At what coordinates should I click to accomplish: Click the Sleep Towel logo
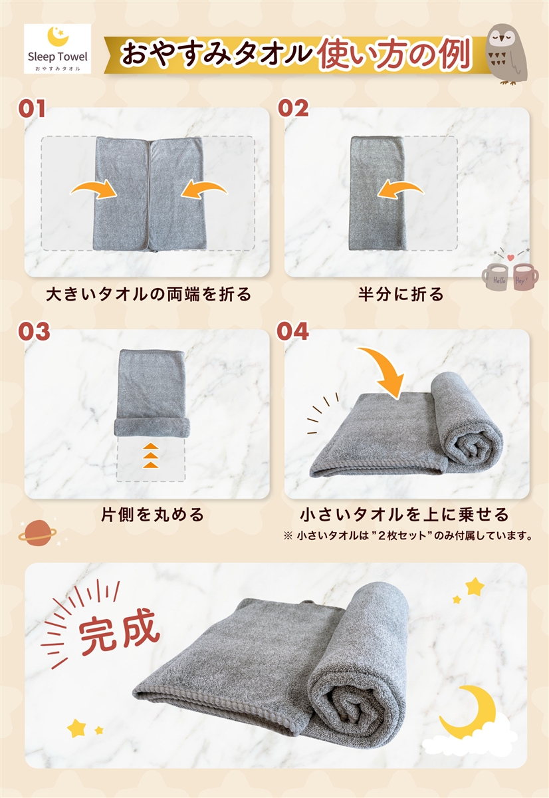[57, 49]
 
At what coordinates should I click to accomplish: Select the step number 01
[32, 108]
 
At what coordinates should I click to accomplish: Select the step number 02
[293, 108]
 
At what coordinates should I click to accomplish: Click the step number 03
[34, 331]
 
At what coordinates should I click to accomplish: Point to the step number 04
[292, 331]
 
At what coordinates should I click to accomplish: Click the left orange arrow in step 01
[94, 190]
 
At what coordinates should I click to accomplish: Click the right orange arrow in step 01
[203, 190]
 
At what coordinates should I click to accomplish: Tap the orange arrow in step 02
[401, 190]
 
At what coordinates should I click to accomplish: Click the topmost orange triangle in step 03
[151, 446]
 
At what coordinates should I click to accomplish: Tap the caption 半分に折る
[401, 294]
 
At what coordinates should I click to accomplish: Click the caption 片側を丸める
[152, 515]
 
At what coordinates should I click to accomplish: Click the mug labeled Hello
[496, 277]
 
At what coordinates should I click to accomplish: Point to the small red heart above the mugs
[511, 257]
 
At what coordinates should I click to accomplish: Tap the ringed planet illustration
[37, 533]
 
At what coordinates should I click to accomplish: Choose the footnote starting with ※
[408, 535]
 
